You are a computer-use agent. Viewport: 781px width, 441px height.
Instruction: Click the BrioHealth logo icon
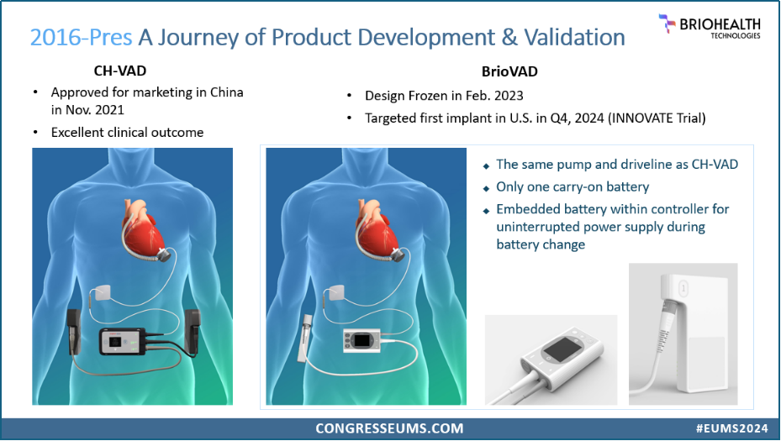coord(667,23)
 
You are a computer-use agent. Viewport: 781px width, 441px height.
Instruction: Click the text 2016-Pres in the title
coord(82,37)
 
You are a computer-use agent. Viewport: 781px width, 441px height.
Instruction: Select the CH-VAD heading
coord(120,71)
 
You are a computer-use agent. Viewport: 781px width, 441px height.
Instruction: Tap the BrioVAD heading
coord(509,71)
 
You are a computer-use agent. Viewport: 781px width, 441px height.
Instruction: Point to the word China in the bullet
coord(227,92)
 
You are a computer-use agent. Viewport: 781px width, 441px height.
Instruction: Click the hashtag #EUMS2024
coord(731,428)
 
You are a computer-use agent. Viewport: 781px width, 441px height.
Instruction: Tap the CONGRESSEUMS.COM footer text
coord(389,428)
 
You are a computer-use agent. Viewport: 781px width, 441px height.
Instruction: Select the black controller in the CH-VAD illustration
coord(123,341)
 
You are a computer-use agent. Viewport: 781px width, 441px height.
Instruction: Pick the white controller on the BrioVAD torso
coord(361,341)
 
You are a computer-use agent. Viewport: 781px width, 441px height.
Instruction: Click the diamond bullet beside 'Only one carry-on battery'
coord(487,189)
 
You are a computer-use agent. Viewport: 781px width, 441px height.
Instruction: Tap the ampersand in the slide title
coord(509,37)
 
